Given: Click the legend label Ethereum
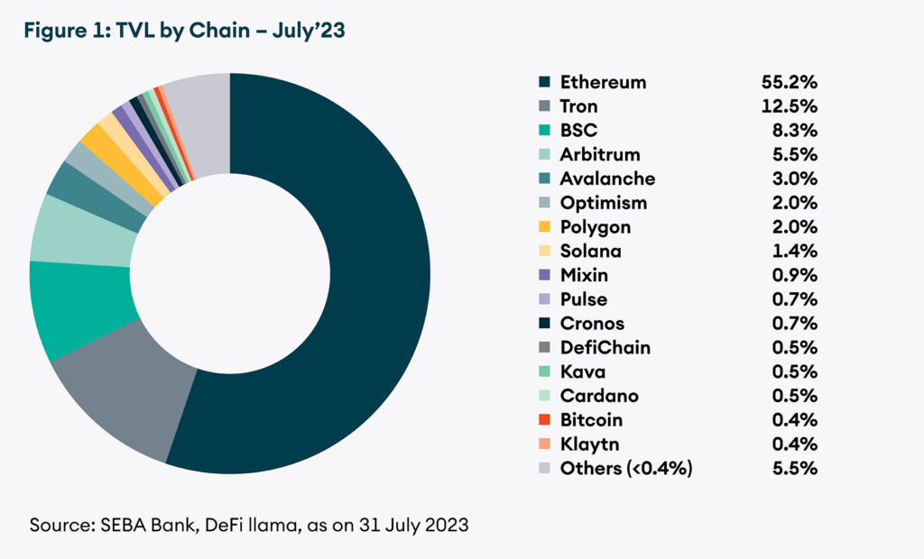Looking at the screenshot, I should click(x=603, y=82).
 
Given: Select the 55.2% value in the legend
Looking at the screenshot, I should click(x=790, y=82).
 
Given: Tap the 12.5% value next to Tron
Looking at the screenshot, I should click(x=790, y=106).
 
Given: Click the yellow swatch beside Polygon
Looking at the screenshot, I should click(x=544, y=227).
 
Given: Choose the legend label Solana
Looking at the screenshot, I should click(x=590, y=252).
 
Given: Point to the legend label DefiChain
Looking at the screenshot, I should click(x=605, y=348).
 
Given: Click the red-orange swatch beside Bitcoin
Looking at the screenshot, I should click(x=544, y=420).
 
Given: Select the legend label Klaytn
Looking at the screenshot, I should click(x=589, y=444).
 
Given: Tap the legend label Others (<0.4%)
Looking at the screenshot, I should click(x=626, y=469).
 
